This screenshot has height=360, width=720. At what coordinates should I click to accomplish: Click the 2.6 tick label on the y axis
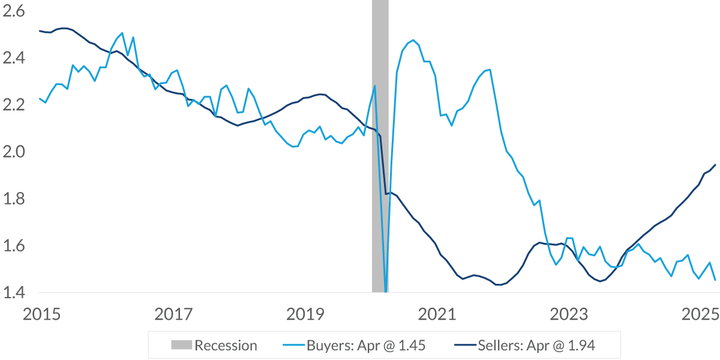click(14, 11)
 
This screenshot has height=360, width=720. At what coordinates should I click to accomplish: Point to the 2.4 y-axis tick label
click(14, 58)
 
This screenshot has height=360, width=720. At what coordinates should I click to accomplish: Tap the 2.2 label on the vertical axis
click(14, 105)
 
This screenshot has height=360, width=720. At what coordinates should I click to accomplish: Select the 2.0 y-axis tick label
click(14, 152)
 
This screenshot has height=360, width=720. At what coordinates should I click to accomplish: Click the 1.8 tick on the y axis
click(14, 199)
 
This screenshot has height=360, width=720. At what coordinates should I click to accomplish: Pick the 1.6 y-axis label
click(14, 246)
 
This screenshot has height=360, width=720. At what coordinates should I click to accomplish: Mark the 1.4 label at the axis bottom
click(14, 293)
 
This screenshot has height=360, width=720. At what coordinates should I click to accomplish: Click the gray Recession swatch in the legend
click(181, 345)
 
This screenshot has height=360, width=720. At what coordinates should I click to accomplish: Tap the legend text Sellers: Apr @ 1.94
click(537, 345)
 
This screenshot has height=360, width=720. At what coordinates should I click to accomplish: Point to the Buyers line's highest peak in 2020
click(413, 40)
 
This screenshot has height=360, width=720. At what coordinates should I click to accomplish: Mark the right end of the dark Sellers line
click(715, 164)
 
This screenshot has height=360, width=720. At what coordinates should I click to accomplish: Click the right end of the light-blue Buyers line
click(715, 280)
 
